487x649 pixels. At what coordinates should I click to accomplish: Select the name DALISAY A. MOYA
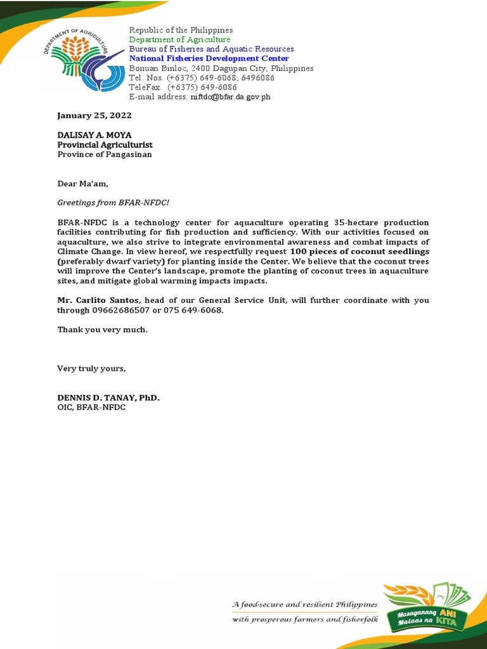point(94,135)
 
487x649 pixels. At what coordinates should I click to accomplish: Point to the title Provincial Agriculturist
point(105,145)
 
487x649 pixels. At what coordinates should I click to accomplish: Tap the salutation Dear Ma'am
point(83,184)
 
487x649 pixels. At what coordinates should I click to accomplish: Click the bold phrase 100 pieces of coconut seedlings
point(360,252)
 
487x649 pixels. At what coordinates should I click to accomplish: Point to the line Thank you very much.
point(102,329)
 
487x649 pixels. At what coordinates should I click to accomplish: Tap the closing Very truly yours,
point(92,368)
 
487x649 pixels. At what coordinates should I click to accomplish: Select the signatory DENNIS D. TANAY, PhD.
point(108,397)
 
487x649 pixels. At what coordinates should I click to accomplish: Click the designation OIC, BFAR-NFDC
point(91,407)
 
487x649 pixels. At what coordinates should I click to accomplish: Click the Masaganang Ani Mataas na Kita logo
point(427,612)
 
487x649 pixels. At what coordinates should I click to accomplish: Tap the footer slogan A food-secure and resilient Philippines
point(305,605)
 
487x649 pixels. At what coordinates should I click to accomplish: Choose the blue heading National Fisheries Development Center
point(209,58)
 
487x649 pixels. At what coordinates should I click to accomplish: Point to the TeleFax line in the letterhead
point(183,87)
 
